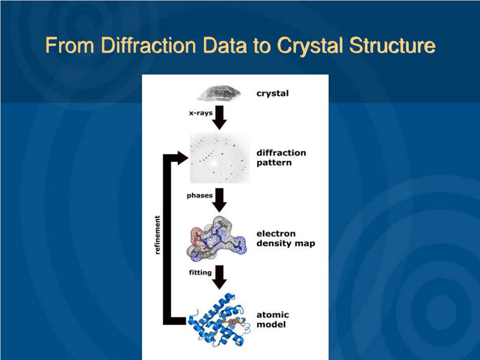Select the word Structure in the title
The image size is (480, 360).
coord(395,46)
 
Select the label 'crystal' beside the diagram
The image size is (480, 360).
coord(272,93)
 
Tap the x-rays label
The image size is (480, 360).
coord(201,113)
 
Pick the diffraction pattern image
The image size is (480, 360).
coord(219,158)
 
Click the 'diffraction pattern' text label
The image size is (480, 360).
coord(281,157)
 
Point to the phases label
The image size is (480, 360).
coord(200,195)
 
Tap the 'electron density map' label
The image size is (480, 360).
coord(285,238)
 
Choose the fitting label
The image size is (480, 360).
coord(200,272)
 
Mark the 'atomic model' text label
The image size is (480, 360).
coord(272,319)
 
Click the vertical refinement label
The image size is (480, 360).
coord(157,235)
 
